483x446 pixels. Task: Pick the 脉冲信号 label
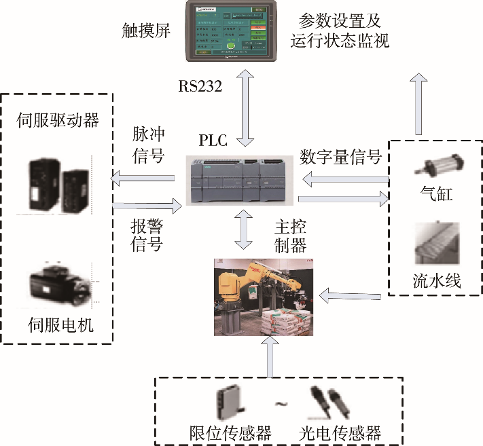pyautogui.click(x=147, y=144)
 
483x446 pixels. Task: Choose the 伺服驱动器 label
pyautogui.click(x=58, y=121)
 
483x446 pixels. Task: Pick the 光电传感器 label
pyautogui.click(x=340, y=432)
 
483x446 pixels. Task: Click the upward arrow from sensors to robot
pyautogui.click(x=271, y=356)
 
